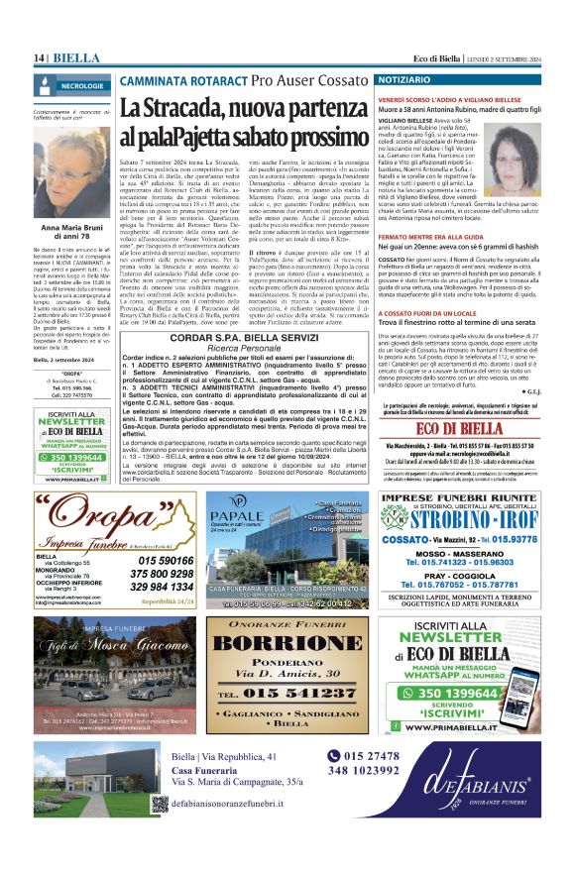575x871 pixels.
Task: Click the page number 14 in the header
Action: (x=40, y=58)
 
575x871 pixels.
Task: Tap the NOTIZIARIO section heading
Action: (x=404, y=77)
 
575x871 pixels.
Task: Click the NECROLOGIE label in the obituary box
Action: (x=80, y=86)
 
